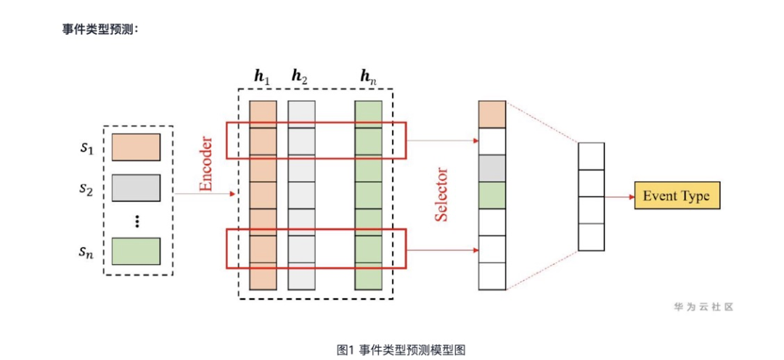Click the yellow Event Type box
click(x=677, y=196)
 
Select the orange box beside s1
click(x=136, y=146)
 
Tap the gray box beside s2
click(x=136, y=187)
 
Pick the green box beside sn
click(x=136, y=251)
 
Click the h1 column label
click(x=262, y=76)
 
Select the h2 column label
click(x=300, y=76)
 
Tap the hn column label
click(x=368, y=76)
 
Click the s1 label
click(x=87, y=148)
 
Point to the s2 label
click(x=87, y=189)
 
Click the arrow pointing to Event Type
click(x=618, y=196)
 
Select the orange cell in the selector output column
click(x=491, y=115)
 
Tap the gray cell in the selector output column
click(x=491, y=168)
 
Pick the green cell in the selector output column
click(x=491, y=195)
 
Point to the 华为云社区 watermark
click(x=703, y=307)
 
